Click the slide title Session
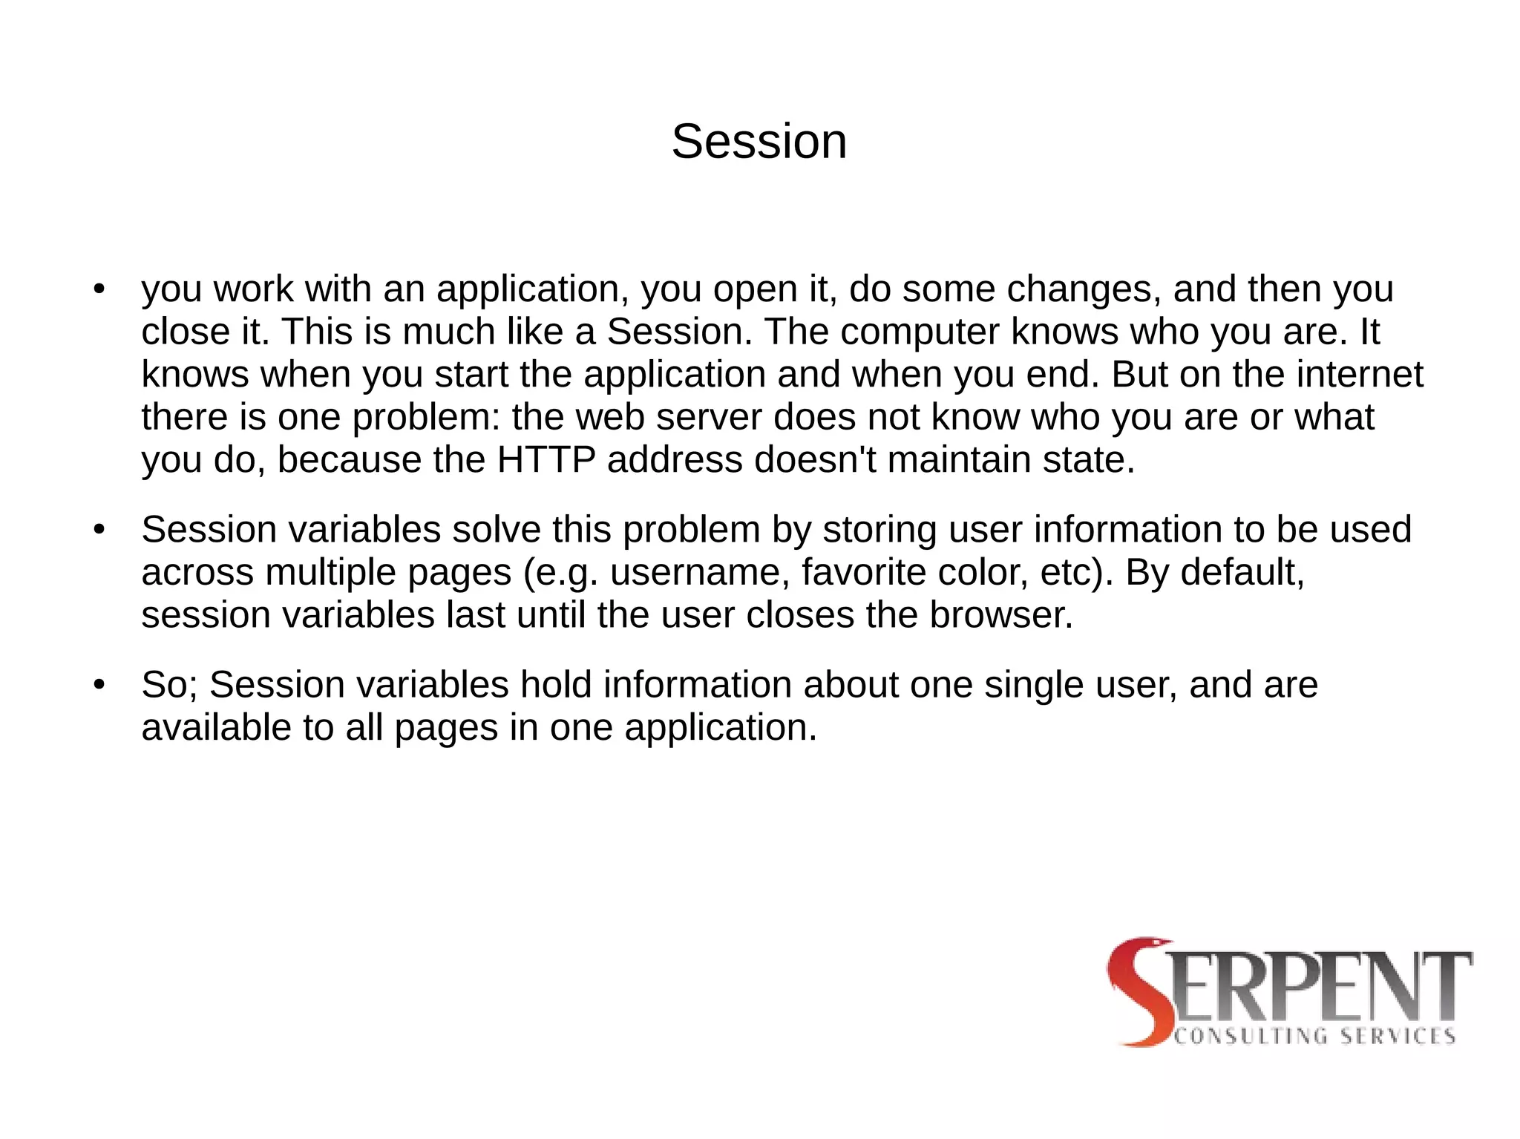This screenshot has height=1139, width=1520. [759, 142]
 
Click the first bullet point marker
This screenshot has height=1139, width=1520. [99, 289]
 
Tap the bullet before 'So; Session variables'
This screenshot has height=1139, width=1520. [99, 685]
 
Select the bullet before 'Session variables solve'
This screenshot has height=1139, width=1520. [99, 530]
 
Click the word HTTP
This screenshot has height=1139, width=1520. [546, 460]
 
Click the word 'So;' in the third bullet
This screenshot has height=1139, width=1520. [169, 685]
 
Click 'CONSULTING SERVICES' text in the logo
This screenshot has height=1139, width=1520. [1314, 1037]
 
